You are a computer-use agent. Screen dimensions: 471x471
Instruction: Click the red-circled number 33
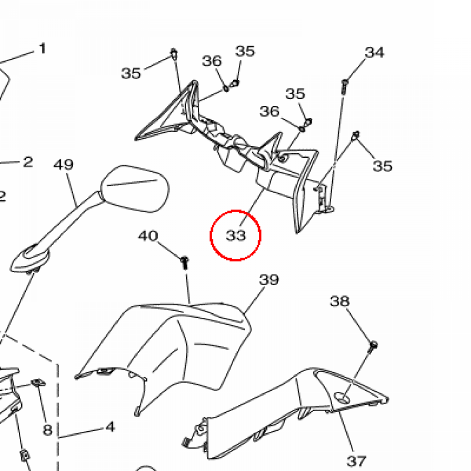point(235,235)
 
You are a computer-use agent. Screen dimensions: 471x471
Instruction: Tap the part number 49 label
point(64,165)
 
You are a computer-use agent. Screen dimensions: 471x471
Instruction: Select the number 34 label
point(374,53)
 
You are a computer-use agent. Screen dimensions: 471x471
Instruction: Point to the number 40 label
point(148,236)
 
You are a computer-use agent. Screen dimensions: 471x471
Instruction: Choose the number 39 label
point(269,279)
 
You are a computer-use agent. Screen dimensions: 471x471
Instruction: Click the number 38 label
point(339,301)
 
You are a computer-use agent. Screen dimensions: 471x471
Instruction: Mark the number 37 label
point(356,460)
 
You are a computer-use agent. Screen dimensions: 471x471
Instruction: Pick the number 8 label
point(47,430)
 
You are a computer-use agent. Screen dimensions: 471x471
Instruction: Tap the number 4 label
point(110,427)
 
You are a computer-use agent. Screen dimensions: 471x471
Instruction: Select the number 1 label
point(42,48)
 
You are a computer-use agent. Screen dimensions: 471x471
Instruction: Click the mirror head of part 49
point(134,189)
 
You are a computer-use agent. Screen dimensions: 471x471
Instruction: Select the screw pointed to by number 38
point(373,345)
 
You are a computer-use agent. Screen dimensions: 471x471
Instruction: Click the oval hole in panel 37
point(343,396)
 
